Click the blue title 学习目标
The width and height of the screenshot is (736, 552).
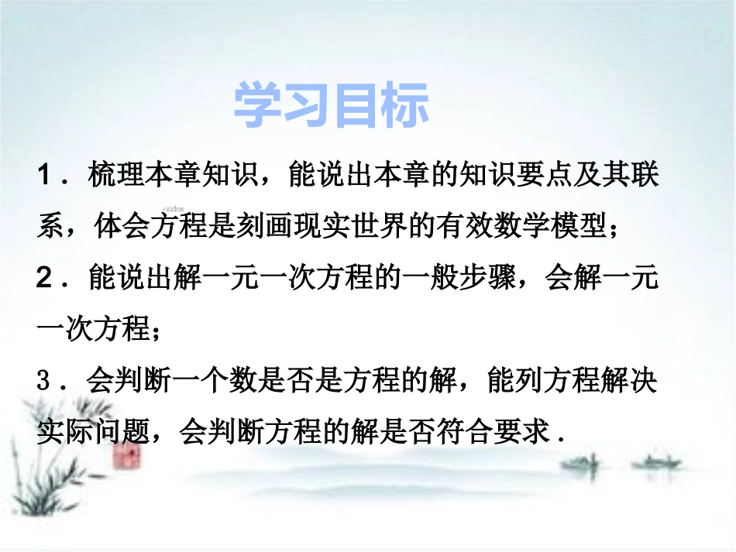332,107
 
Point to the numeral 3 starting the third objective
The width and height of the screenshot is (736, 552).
45,382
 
